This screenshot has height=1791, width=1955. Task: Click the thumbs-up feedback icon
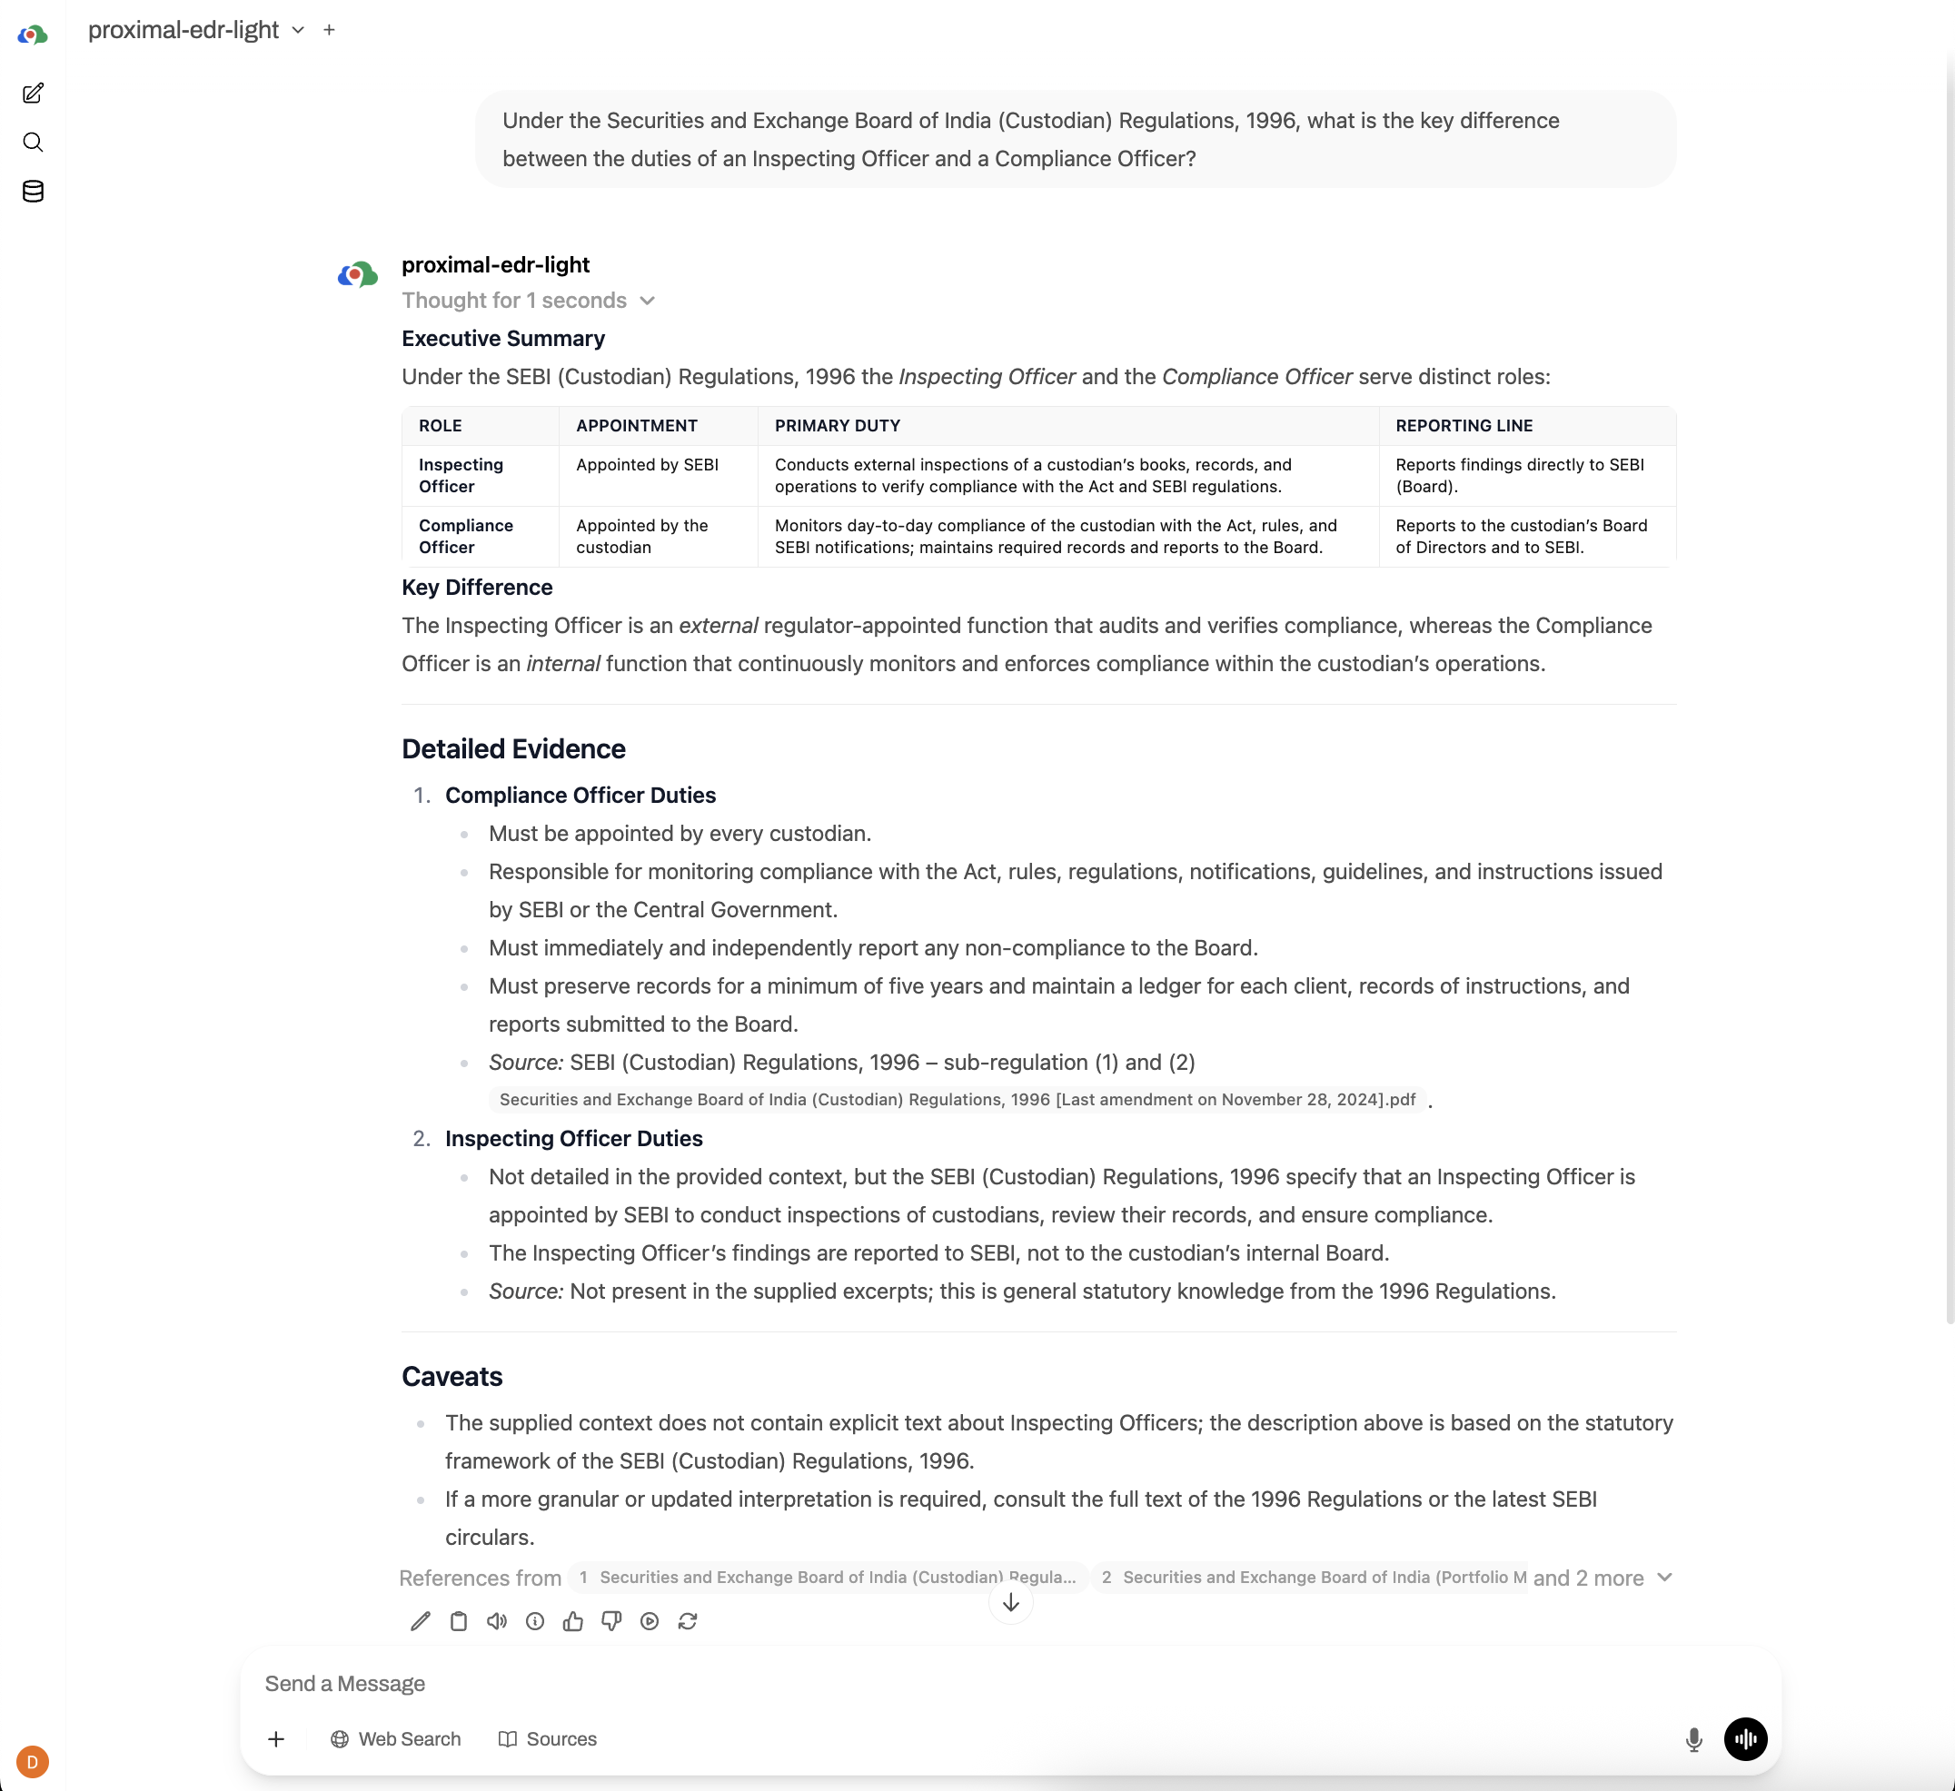(x=573, y=1621)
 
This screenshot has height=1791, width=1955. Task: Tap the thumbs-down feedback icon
(x=610, y=1621)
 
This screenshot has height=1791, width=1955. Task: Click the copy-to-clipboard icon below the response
(x=459, y=1621)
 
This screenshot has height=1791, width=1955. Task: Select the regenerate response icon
(x=688, y=1621)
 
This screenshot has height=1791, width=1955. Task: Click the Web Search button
(x=396, y=1738)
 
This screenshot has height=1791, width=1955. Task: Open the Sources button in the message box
(x=548, y=1738)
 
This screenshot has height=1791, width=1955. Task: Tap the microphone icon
(x=1693, y=1739)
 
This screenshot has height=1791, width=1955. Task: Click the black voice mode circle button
(x=1744, y=1738)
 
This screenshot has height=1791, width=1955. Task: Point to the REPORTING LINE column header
(x=1464, y=426)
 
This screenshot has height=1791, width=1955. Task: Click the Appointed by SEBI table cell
(x=647, y=464)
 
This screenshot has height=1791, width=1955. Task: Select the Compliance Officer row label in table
(x=465, y=536)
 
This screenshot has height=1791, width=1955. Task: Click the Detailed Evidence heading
(x=513, y=748)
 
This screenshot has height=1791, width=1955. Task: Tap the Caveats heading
(x=452, y=1377)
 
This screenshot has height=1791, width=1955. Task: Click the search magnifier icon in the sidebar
(x=33, y=143)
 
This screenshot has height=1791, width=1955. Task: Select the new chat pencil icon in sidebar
(x=33, y=93)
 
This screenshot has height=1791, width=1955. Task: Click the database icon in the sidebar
(x=33, y=191)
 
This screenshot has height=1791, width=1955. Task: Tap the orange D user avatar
(x=33, y=1761)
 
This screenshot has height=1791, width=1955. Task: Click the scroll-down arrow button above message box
(x=1010, y=1603)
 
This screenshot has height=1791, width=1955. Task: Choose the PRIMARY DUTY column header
(x=837, y=426)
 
